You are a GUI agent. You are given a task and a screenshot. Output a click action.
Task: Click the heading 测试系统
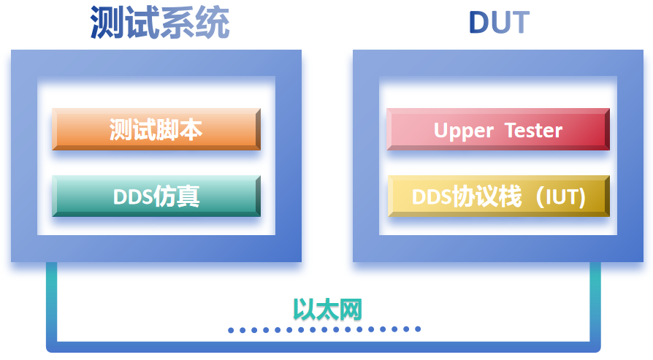pos(160,23)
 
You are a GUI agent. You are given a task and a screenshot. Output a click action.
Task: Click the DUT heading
pos(498,23)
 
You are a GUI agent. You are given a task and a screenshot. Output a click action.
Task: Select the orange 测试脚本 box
pos(156,130)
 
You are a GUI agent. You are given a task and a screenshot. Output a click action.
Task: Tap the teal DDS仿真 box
pos(156,196)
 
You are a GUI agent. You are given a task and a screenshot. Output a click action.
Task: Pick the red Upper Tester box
pos(498,130)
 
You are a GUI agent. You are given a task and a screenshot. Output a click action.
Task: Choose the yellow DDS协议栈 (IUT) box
pos(498,196)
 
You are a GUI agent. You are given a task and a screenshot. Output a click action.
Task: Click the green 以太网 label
pos(327,310)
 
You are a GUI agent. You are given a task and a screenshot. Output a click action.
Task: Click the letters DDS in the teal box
pos(132,197)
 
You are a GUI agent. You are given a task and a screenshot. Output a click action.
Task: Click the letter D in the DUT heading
pos(477,23)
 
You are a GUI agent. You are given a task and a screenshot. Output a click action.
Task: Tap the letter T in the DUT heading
pos(519,23)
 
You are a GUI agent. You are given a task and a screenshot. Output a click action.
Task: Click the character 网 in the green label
pos(351,310)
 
